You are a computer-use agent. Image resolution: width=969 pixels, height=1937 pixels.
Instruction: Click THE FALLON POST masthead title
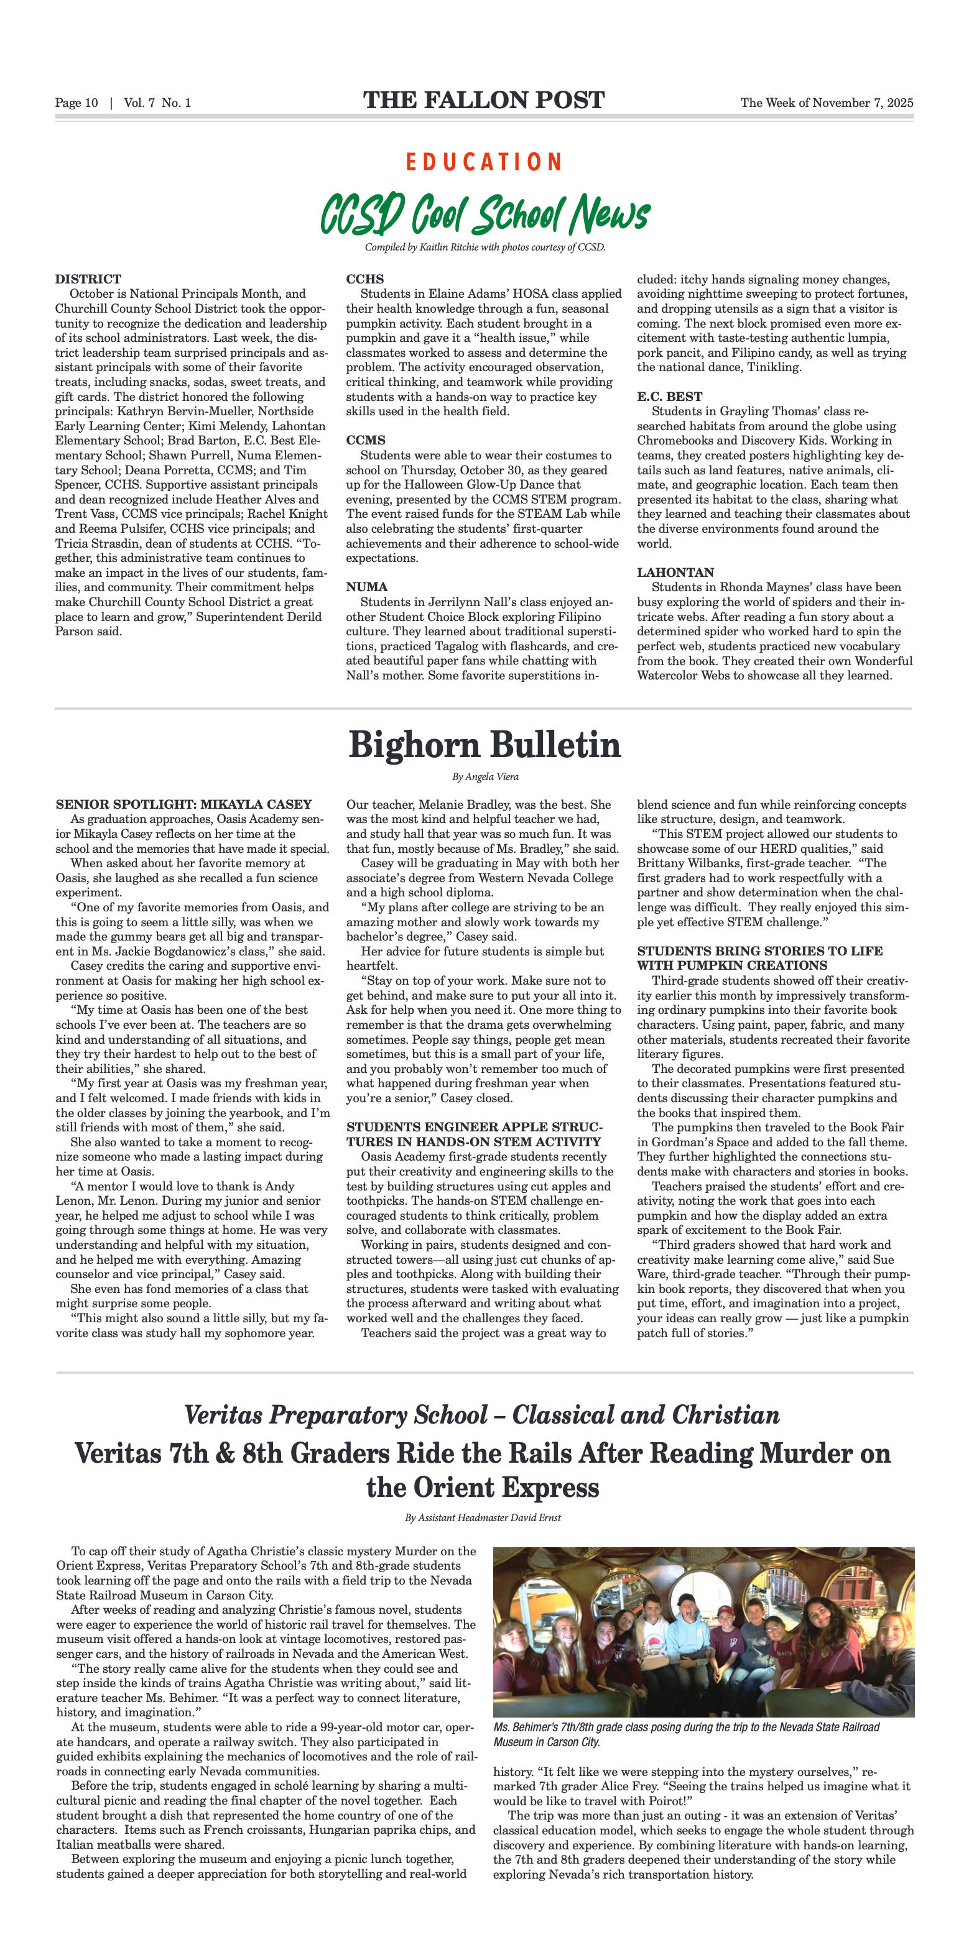point(484,100)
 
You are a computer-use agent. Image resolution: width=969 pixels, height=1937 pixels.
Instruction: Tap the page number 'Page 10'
point(76,103)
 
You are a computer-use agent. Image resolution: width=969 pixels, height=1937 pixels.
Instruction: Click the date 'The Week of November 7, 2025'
point(826,103)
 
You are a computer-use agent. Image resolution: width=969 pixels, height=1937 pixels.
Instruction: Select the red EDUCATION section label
point(484,162)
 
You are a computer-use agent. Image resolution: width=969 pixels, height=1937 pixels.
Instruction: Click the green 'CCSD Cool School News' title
point(484,214)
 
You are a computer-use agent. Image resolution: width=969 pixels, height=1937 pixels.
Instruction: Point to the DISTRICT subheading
point(88,279)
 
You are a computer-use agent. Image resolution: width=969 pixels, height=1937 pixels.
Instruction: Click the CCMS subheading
point(366,440)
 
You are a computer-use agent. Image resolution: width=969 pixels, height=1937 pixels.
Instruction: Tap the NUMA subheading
point(366,587)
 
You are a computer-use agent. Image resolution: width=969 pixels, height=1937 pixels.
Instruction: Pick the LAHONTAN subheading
point(675,573)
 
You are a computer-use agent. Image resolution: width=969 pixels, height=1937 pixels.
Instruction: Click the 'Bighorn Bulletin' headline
point(484,745)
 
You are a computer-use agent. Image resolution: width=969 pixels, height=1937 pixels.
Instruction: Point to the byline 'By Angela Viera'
point(484,777)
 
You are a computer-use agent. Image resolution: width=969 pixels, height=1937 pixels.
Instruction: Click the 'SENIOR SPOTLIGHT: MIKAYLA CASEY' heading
point(183,804)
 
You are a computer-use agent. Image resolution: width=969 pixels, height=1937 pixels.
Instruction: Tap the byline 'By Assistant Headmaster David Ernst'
point(483,1517)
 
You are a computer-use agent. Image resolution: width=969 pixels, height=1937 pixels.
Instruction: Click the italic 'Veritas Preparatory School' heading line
point(482,1415)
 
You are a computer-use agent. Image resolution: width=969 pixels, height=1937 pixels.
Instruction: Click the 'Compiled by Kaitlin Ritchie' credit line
point(484,247)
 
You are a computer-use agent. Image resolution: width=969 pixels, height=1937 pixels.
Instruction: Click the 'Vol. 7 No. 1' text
point(157,103)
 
